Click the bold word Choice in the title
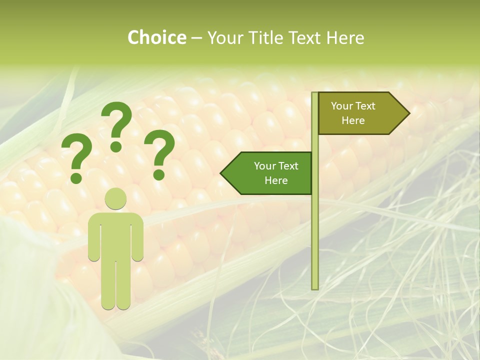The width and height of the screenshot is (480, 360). (156, 37)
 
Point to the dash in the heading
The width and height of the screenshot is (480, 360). (196, 38)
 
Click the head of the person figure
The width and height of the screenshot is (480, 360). (115, 198)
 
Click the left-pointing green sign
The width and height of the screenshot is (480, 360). (270, 173)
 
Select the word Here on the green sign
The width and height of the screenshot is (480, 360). (276, 180)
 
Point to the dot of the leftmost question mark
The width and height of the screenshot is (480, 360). (76, 177)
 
